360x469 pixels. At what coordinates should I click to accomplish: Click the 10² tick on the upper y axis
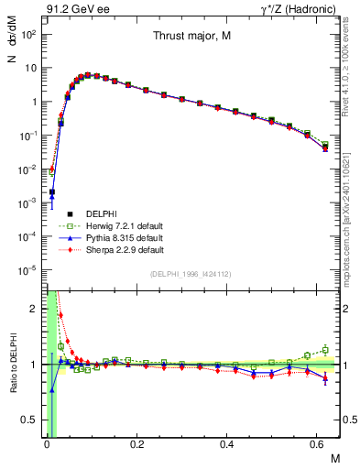coord(30,34)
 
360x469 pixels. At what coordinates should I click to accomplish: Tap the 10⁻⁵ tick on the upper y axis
coord(30,269)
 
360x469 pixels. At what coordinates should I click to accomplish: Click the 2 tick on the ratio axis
coord(35,309)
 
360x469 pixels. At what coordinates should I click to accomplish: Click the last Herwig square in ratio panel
coord(325,349)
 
